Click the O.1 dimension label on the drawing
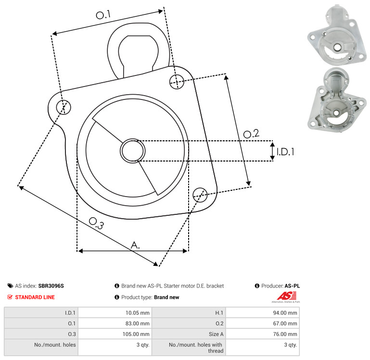103,15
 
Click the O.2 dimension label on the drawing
251,134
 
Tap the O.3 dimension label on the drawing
96,223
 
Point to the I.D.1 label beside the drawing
285,152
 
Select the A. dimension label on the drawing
135,245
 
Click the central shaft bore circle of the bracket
133,150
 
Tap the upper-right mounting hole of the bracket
177,82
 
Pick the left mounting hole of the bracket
64,107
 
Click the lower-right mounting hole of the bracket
200,195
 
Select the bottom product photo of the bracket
337,100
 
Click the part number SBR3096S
51,286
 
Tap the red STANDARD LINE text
35,298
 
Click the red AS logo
286,297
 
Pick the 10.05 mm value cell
115,313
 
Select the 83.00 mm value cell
115,323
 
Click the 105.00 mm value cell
115,334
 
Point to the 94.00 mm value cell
263,313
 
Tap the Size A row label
216,334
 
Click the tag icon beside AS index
10,286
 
